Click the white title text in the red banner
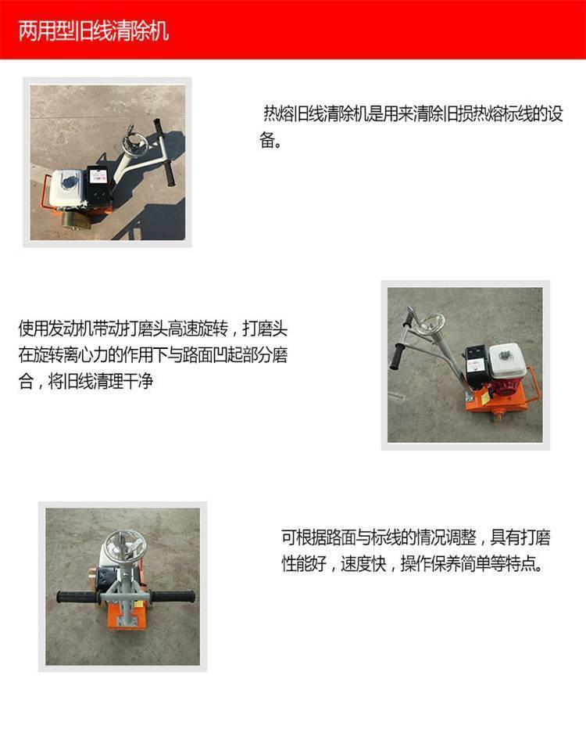pyautogui.click(x=94, y=31)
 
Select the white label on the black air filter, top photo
pyautogui.click(x=98, y=176)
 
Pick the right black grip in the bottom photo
pyautogui.click(x=173, y=597)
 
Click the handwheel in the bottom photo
pyautogui.click(x=120, y=548)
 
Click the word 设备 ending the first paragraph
pyautogui.click(x=270, y=139)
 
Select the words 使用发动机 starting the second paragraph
pyautogui.click(x=55, y=329)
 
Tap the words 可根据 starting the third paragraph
pyautogui.click(x=303, y=537)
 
